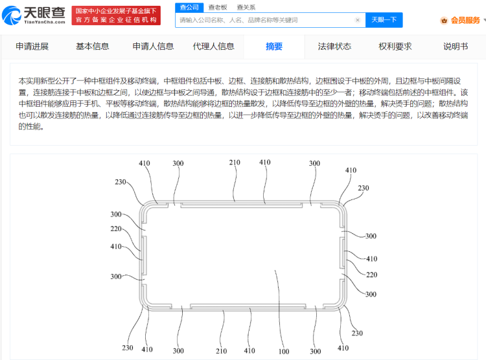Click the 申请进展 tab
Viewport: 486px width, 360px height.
pyautogui.click(x=32, y=46)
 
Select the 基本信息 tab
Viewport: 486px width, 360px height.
pyautogui.click(x=93, y=46)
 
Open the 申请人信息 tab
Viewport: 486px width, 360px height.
pyautogui.click(x=153, y=46)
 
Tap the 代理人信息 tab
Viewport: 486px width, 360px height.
pyautogui.click(x=213, y=46)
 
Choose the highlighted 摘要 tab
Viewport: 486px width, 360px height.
pyautogui.click(x=274, y=46)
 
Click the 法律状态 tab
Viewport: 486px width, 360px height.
pyautogui.click(x=334, y=46)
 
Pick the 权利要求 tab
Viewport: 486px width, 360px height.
pyautogui.click(x=395, y=46)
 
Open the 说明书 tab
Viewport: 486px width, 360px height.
pyautogui.click(x=456, y=46)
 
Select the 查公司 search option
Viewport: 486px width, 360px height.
pyautogui.click(x=189, y=7)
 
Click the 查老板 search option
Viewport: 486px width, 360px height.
pyautogui.click(x=217, y=7)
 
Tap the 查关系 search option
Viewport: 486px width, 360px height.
pyautogui.click(x=246, y=7)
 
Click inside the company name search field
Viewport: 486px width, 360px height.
pyautogui.click(x=266, y=20)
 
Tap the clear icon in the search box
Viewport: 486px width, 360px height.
pyautogui.click(x=357, y=20)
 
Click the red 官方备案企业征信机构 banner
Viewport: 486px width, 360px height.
pyautogui.click(x=116, y=20)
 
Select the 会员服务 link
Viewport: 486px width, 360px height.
pyautogui.click(x=465, y=20)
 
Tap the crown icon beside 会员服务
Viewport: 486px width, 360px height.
pyautogui.click(x=444, y=20)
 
